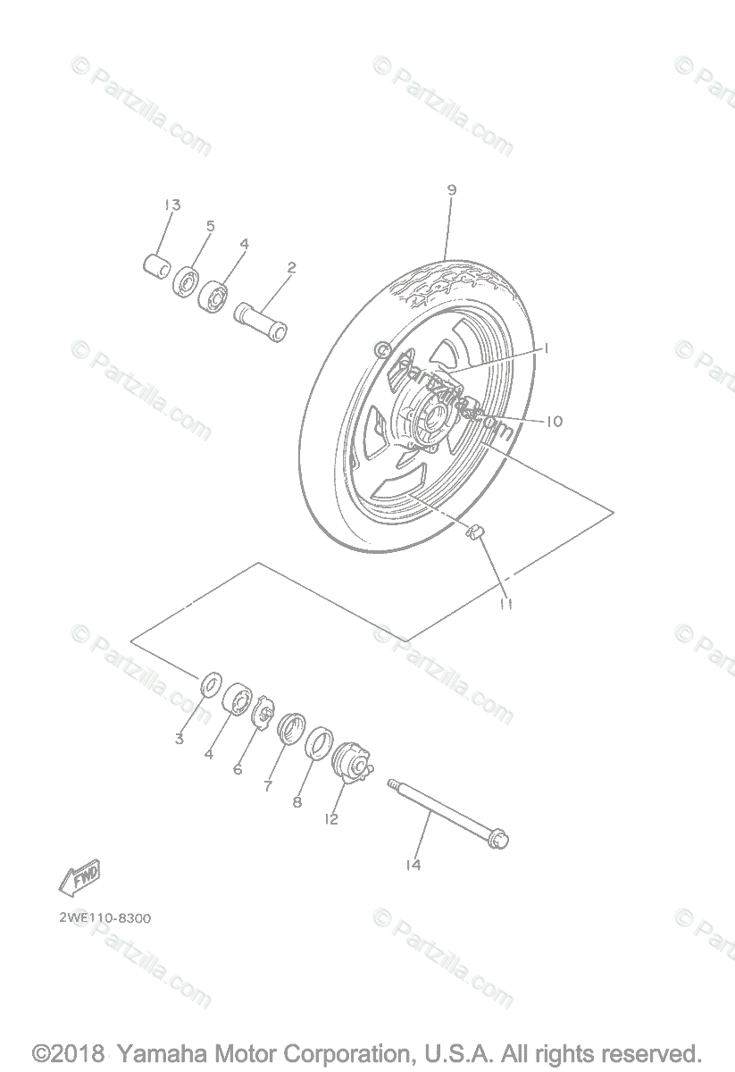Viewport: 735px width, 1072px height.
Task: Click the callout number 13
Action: pos(171,205)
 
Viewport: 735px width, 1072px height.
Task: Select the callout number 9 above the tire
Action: pos(452,189)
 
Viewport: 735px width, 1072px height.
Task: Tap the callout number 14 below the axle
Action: pos(412,865)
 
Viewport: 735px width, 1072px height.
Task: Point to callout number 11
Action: pos(507,605)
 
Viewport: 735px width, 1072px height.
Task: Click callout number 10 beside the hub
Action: pos(554,421)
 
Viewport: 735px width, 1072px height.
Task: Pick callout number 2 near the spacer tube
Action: pos(291,267)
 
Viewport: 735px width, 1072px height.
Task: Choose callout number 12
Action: pos(332,818)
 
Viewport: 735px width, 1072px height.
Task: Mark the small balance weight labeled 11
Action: pos(476,533)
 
